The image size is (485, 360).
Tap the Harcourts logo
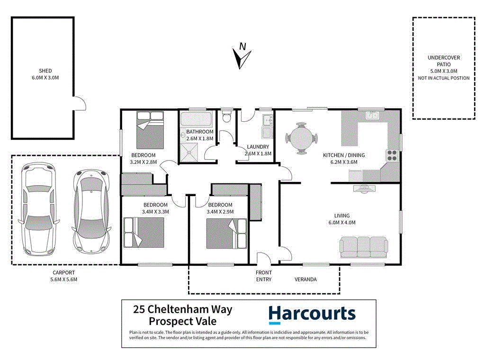click(312, 314)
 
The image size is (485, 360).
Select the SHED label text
click(46, 71)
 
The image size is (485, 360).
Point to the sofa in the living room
click(364, 247)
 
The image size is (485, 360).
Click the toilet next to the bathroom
click(226, 116)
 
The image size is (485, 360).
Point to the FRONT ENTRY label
click(264, 276)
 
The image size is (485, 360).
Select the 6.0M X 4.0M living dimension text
click(341, 223)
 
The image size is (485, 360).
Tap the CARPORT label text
click(63, 273)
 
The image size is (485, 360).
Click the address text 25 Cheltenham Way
click(183, 309)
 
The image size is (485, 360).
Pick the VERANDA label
click(305, 279)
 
